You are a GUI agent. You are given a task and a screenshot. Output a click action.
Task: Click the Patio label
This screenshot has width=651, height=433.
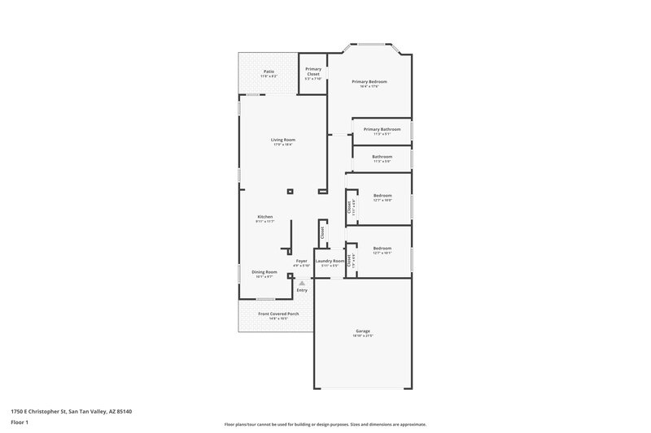click(269, 71)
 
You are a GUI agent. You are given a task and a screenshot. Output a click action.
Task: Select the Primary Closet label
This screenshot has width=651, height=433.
click(313, 71)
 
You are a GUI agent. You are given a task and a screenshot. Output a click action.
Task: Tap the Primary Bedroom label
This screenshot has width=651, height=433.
click(369, 82)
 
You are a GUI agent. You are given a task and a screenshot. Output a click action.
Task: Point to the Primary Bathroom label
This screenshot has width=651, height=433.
click(382, 129)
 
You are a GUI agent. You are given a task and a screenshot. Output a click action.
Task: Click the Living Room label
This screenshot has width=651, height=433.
click(282, 140)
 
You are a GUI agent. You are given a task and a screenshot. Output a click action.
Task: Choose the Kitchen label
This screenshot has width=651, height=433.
click(265, 217)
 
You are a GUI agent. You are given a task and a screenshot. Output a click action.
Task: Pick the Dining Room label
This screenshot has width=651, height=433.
click(264, 272)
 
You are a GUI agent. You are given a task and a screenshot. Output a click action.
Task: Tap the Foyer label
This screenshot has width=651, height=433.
click(301, 261)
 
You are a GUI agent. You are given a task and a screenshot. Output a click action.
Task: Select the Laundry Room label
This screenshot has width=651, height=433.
click(330, 261)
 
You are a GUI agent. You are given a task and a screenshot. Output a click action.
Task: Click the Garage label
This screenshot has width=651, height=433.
click(363, 331)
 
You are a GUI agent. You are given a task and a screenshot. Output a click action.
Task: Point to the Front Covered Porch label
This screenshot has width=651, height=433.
click(278, 314)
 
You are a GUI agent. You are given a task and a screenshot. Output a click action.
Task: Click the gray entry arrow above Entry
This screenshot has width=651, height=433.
click(302, 283)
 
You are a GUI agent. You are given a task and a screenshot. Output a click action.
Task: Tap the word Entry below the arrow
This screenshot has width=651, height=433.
click(302, 290)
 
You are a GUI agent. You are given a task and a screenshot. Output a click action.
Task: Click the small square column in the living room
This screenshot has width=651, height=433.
click(290, 192)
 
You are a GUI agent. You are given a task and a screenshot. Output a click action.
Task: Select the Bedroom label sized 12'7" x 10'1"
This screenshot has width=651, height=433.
click(382, 249)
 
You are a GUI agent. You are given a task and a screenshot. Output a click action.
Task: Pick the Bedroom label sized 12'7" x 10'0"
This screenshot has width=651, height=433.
click(382, 196)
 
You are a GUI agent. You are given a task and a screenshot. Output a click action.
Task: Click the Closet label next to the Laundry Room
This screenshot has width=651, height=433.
click(322, 232)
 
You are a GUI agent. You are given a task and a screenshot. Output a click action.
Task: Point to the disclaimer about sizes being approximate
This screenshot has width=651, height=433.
click(325, 424)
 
